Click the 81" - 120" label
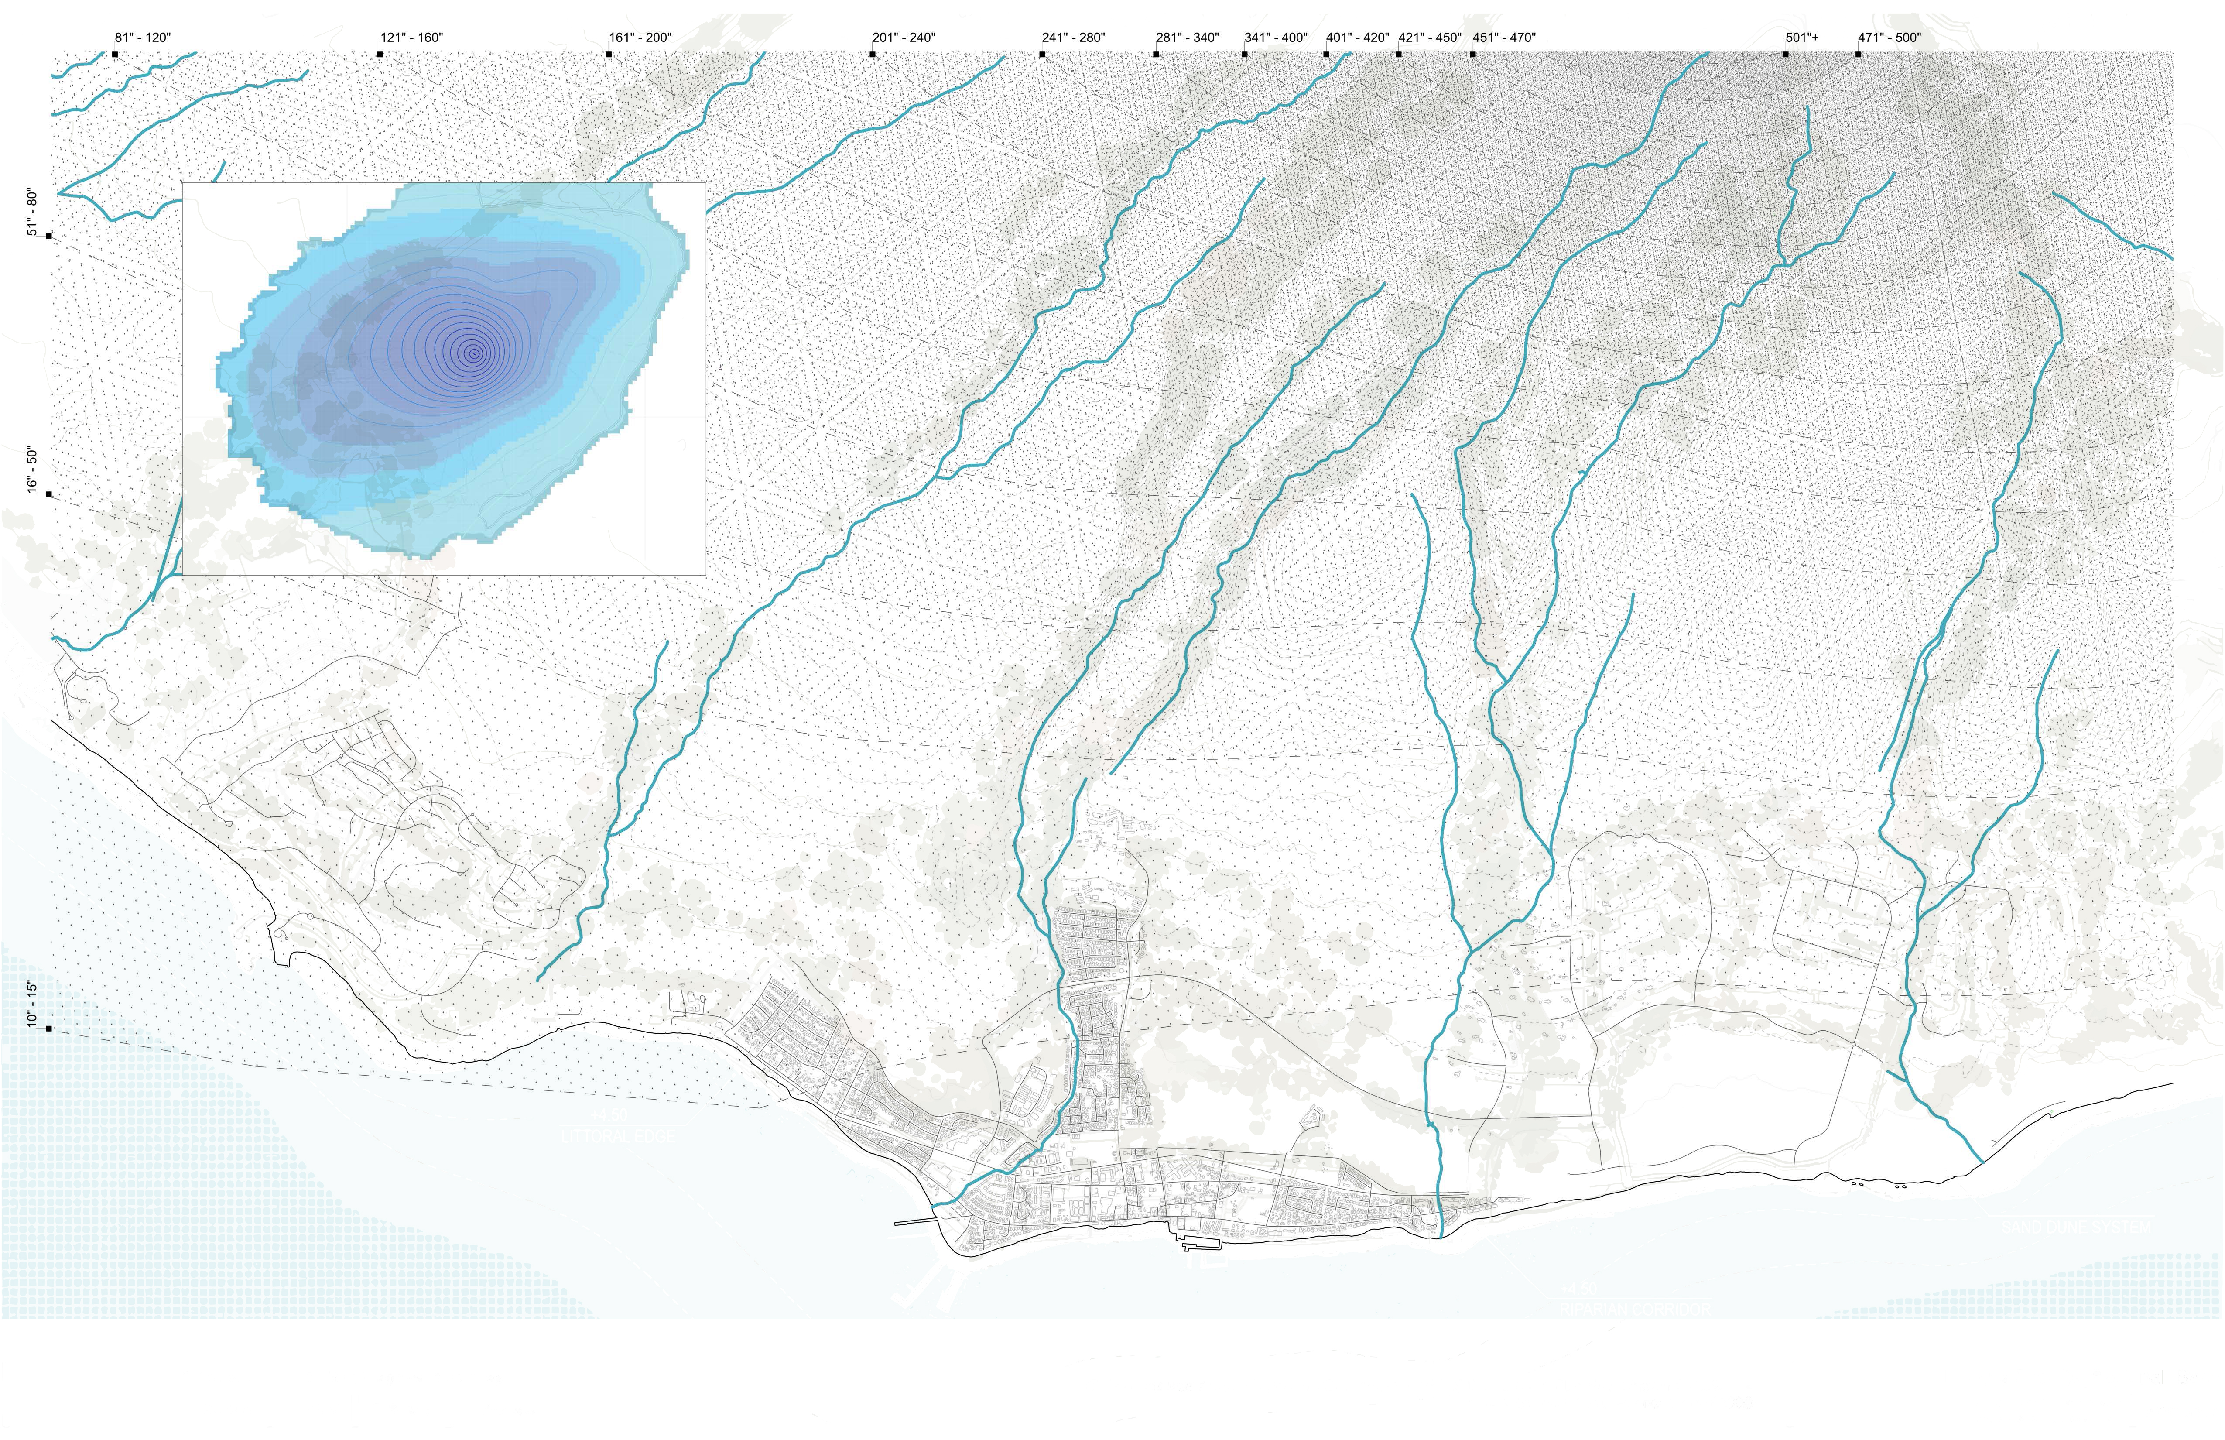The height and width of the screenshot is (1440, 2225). [143, 38]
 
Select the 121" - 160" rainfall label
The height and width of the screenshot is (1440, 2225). [411, 38]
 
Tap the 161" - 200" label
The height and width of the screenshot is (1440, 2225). [640, 38]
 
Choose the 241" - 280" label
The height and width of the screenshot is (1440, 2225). [1073, 38]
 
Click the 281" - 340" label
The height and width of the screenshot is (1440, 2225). [1187, 38]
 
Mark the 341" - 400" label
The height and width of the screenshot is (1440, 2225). [1276, 38]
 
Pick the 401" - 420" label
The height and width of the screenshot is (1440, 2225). [1357, 38]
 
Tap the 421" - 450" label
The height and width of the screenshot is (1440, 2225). [1429, 38]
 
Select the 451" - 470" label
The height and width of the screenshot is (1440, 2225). [1504, 38]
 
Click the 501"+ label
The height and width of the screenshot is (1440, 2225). [1802, 38]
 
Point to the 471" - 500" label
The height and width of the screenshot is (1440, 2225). [1890, 38]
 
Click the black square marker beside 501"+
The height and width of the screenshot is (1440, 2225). [1786, 54]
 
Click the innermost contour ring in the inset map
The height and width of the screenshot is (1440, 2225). [475, 353]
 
